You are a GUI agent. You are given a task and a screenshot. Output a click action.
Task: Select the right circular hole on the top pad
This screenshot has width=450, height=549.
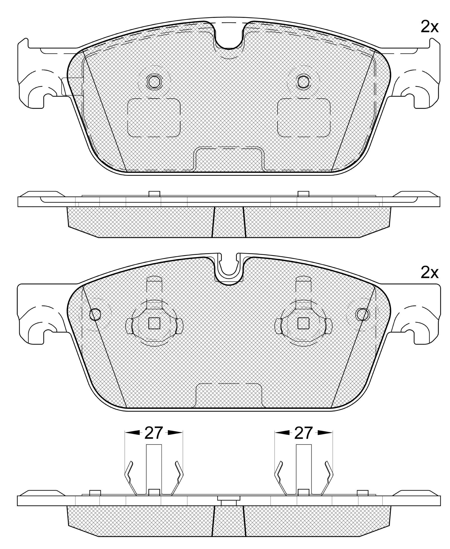(x=303, y=82)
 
